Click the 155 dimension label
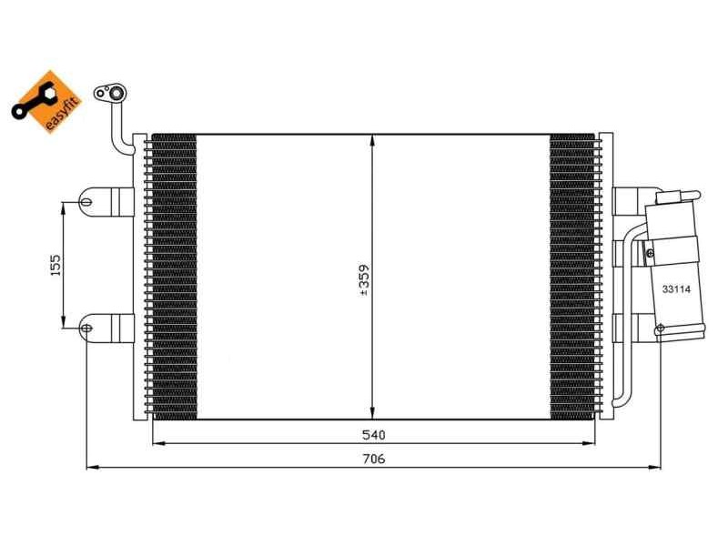[x=55, y=265]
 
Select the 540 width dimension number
[x=373, y=435]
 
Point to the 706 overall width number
[x=373, y=460]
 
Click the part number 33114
[x=675, y=288]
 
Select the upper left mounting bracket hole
[x=86, y=201]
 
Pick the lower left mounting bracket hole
[x=86, y=328]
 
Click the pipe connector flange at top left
[x=115, y=92]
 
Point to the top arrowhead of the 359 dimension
[x=373, y=139]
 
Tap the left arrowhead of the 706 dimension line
[x=90, y=468]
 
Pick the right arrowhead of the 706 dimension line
[x=656, y=468]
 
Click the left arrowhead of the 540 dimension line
[x=156, y=443]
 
